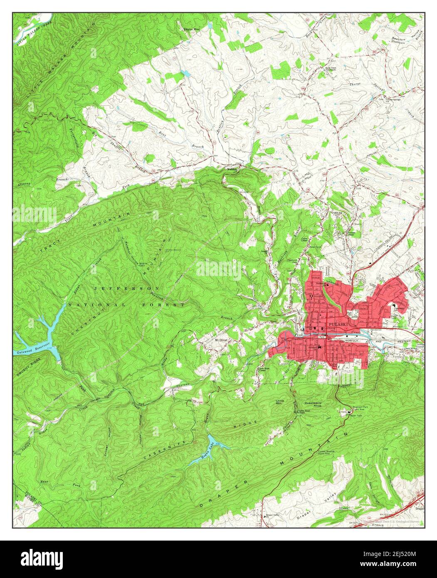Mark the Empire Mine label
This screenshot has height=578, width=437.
(x=192, y=29)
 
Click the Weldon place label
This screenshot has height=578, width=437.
(x=231, y=169)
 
